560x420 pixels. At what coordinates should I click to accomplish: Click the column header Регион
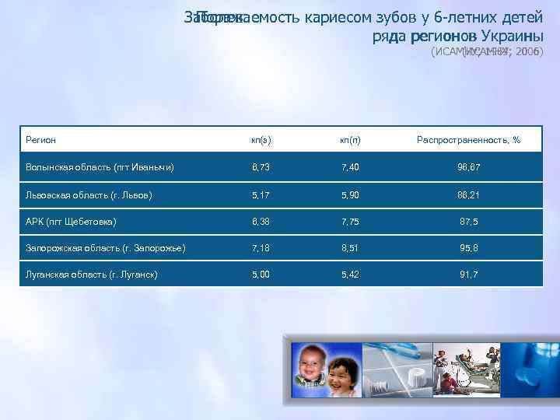pos(40,140)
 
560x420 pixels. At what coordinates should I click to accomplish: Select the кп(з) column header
pos(261,140)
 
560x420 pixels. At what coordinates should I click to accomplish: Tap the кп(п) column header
pos(350,140)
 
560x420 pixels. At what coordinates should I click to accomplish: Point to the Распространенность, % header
pos(468,140)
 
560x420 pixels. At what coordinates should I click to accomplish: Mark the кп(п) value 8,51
pos(350,248)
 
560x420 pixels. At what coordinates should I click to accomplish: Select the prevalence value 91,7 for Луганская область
pos(468,275)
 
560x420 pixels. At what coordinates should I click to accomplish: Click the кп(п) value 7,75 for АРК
pos(350,222)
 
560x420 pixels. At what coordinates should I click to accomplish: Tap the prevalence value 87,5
pos(468,222)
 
